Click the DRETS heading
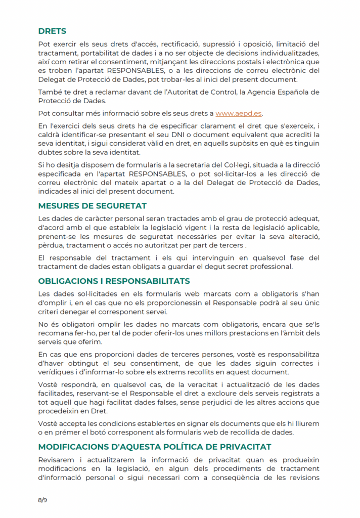pyautogui.click(x=52, y=31)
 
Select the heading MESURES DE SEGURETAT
pyautogui.click(x=93, y=205)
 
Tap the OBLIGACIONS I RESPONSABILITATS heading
pyautogui.click(x=114, y=281)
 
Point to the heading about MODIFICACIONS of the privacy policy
pyautogui.click(x=155, y=447)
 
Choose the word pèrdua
pyautogui.click(x=51, y=245)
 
